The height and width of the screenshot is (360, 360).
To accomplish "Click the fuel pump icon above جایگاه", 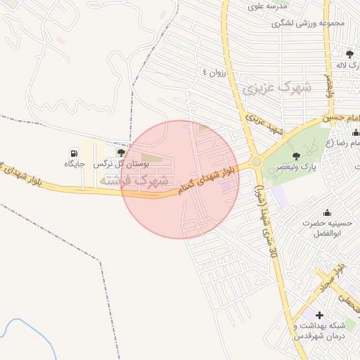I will pyautogui.click(x=75, y=153).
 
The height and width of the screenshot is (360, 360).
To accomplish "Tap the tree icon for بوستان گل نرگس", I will pyautogui.click(x=121, y=152).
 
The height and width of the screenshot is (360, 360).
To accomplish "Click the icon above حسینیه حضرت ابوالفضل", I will pyautogui.click(x=326, y=212).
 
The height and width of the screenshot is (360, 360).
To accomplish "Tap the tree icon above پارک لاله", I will pyautogui.click(x=349, y=53).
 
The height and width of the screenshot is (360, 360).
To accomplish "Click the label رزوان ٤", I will pyautogui.click(x=216, y=72).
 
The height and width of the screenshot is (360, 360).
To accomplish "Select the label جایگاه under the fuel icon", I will pyautogui.click(x=75, y=164).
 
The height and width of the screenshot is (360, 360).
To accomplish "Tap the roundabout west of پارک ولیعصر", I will pyautogui.click(x=257, y=162).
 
